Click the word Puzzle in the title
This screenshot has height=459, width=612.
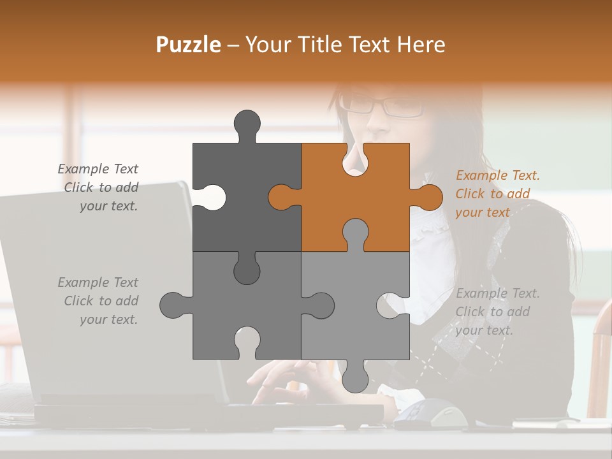pos(189,45)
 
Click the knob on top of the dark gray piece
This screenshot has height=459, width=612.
pos(247,125)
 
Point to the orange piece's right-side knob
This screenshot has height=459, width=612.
pos(428,197)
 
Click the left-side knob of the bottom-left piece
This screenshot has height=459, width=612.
pos(174,305)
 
